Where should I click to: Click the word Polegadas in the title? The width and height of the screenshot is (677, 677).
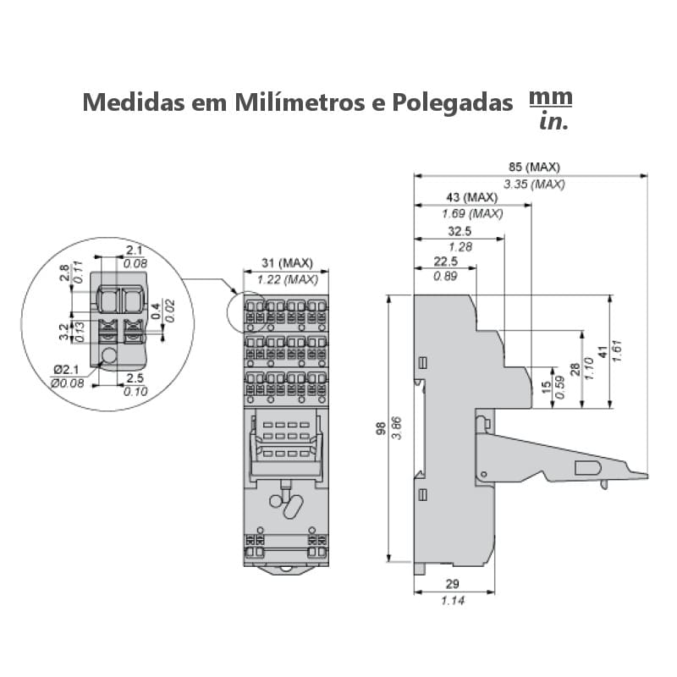click(454, 102)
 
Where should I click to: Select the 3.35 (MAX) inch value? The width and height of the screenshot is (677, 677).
click(533, 184)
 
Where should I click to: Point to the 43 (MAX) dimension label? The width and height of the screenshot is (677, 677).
click(471, 198)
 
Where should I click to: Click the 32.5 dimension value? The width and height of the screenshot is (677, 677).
click(460, 231)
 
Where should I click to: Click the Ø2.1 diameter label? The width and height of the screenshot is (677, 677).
click(65, 370)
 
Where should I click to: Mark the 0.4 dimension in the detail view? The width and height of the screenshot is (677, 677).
click(156, 306)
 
